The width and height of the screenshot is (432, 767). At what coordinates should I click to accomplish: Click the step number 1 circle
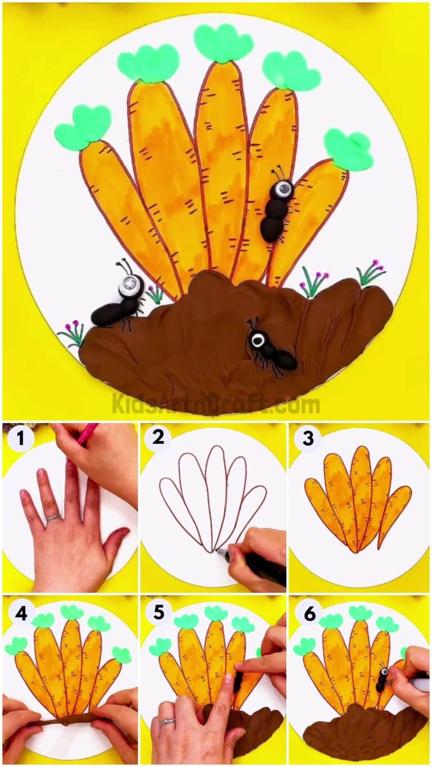[x=21, y=439]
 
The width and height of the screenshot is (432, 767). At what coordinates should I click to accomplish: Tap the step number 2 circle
[x=158, y=437]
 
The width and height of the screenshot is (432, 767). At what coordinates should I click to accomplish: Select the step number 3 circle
[x=307, y=438]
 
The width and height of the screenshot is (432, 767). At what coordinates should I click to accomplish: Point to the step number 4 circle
[x=21, y=613]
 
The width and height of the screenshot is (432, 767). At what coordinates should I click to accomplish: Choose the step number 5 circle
[x=159, y=612]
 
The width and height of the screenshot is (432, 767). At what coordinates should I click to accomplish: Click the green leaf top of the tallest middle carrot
[x=223, y=42]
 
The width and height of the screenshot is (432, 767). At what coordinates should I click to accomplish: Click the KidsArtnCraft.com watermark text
[x=216, y=403]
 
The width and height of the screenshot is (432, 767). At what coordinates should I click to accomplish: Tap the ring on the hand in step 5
[x=167, y=722]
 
